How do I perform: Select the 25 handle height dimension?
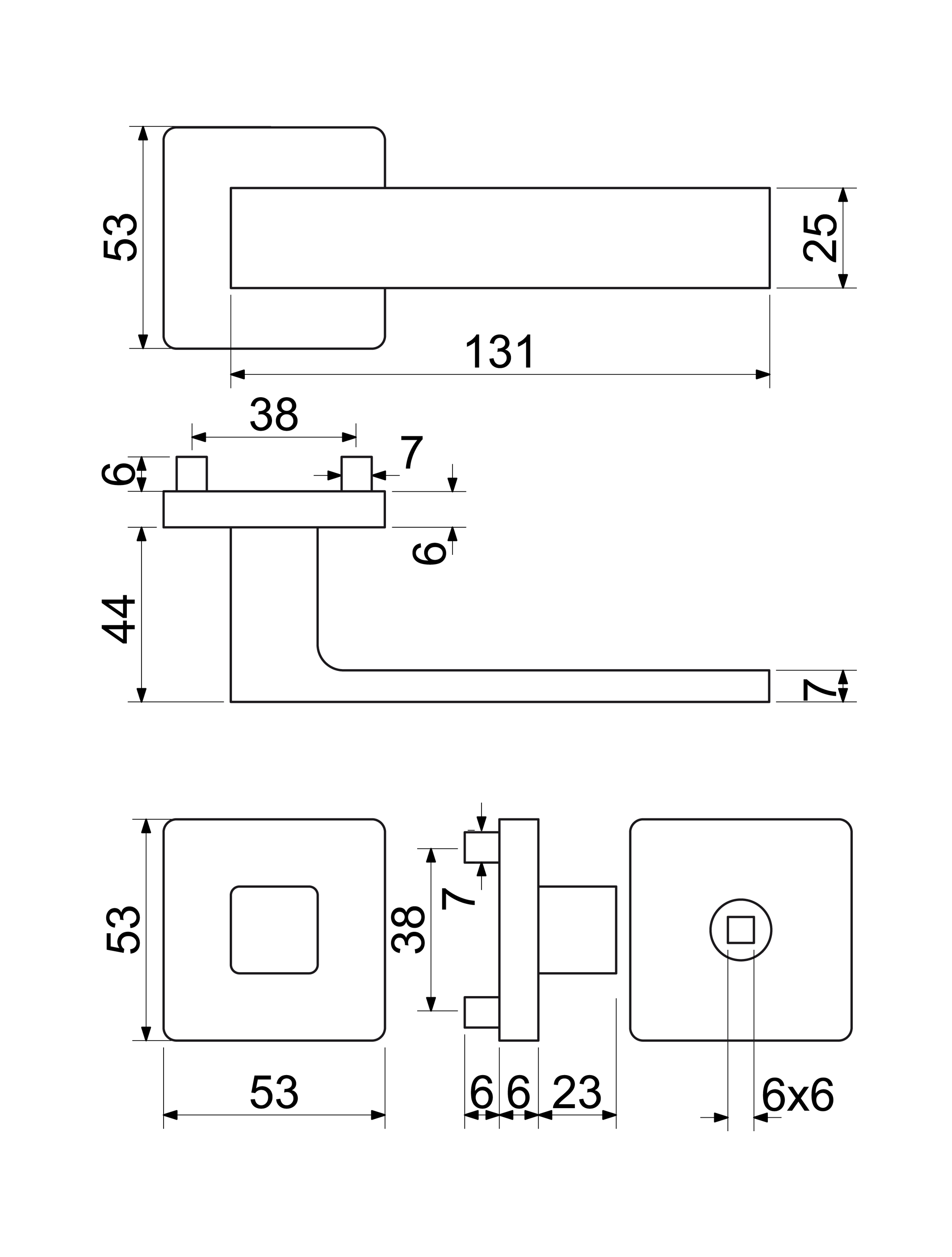820,237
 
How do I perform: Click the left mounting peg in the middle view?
192,473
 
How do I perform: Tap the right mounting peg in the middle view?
357,473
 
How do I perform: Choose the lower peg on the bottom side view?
482,1012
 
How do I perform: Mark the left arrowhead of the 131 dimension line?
238,374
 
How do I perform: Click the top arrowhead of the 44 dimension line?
142,534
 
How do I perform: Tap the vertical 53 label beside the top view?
120,237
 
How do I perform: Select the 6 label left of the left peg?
117,474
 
